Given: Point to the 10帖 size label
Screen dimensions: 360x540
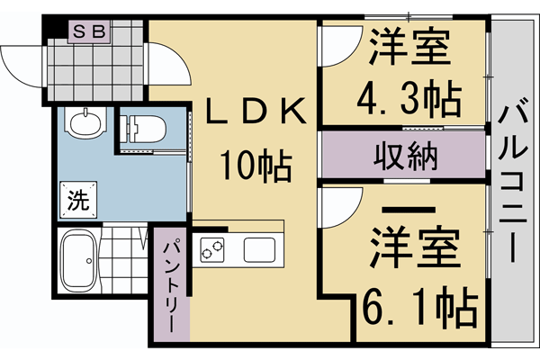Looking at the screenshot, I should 256,165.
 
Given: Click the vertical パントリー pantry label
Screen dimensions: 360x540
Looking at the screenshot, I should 172,283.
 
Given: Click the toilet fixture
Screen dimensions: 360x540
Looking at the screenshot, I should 141,128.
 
